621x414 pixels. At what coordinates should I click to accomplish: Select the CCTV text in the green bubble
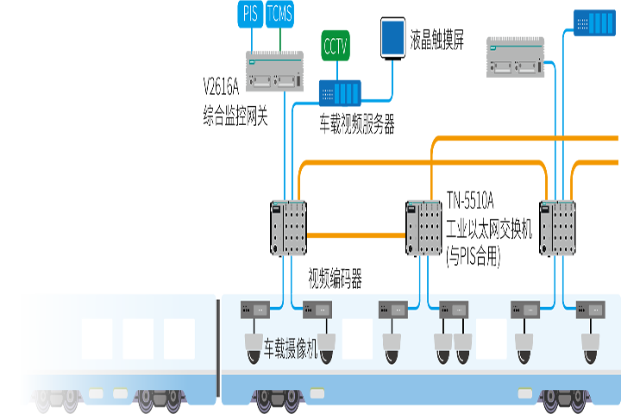coord(335,46)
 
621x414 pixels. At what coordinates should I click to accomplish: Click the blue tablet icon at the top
coord(392,37)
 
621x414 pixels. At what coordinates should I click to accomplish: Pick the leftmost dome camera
coord(254,346)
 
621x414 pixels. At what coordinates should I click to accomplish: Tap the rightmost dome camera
coord(591,347)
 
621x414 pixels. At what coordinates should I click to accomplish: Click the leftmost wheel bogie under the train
coord(57,402)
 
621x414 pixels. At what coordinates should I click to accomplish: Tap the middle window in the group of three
coord(138,338)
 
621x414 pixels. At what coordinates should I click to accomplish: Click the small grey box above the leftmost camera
coord(255,308)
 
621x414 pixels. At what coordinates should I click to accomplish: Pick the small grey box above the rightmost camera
coord(590,308)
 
